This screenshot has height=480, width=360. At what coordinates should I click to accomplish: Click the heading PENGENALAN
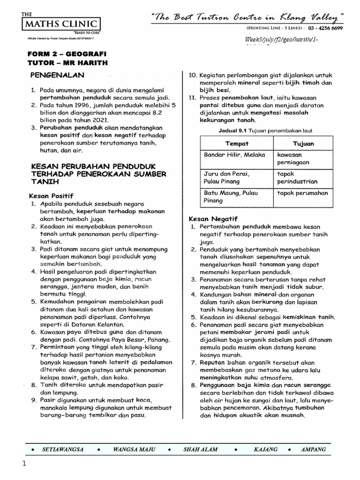coord(57,75)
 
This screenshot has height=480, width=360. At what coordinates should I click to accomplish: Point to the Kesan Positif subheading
coord(52,195)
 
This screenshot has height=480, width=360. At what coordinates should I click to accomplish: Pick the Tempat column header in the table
coord(237,143)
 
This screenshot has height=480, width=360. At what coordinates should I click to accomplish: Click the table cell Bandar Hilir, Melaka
coord(234,155)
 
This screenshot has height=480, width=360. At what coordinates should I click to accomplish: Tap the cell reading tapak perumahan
coord(303,193)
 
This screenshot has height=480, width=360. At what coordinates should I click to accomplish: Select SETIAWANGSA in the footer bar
coord(63,449)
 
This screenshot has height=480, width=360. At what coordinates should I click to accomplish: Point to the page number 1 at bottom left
coord(22,464)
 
